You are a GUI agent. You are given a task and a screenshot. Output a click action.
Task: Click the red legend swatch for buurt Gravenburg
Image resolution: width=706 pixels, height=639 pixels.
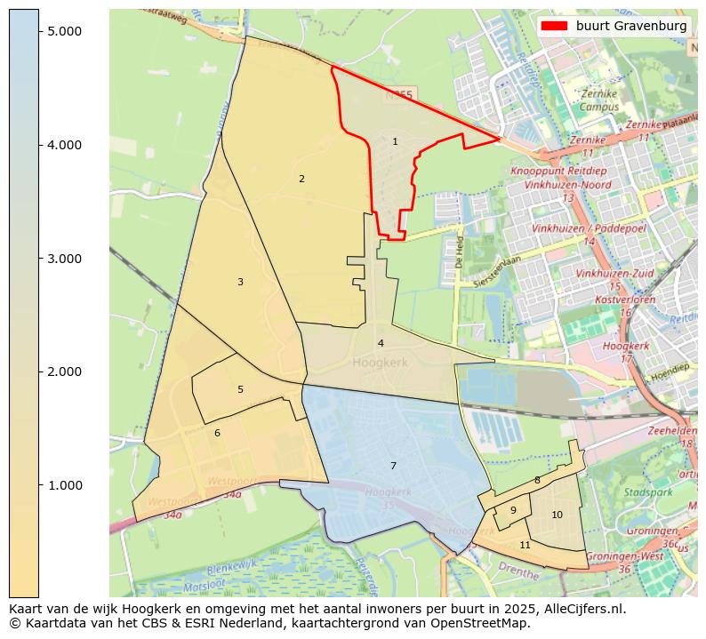[553, 27]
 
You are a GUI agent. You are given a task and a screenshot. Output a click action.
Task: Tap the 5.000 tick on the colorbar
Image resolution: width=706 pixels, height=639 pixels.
[63, 31]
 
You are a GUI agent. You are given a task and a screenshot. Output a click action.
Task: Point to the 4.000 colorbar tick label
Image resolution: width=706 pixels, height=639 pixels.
[63, 145]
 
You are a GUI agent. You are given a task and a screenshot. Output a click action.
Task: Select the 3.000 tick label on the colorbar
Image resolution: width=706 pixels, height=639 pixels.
[63, 259]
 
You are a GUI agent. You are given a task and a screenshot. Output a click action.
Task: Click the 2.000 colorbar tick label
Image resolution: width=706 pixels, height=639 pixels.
[63, 371]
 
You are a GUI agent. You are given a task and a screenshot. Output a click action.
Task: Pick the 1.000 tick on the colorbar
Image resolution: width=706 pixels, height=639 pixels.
[63, 485]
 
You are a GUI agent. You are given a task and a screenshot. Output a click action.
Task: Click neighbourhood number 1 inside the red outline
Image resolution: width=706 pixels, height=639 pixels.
[395, 141]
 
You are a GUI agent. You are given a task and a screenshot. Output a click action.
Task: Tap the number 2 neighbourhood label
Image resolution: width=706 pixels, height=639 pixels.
[301, 179]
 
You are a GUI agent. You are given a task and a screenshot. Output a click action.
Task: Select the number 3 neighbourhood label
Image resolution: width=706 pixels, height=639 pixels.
[240, 282]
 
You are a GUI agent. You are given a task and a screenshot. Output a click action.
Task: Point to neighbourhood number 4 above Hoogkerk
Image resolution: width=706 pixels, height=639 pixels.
[381, 343]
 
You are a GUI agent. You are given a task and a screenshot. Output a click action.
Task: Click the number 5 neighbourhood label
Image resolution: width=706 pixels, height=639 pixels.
[240, 389]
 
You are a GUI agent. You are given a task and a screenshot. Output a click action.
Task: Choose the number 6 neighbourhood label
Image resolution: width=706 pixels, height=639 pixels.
[217, 433]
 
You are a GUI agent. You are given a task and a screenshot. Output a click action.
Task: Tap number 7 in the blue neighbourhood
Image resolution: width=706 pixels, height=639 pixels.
[393, 466]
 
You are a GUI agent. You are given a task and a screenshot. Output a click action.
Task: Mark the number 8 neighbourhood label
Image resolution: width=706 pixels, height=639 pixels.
[537, 480]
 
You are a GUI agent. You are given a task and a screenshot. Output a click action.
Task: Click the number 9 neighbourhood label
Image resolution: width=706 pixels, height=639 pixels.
[513, 510]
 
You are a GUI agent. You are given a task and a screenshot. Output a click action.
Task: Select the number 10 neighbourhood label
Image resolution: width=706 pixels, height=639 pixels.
[557, 515]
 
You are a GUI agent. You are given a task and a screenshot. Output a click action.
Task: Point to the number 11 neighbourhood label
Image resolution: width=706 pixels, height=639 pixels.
[525, 545]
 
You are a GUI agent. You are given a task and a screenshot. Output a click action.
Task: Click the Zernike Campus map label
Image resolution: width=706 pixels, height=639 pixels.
[599, 100]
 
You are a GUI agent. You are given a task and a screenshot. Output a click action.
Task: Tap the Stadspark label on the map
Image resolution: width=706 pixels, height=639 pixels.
[642, 491]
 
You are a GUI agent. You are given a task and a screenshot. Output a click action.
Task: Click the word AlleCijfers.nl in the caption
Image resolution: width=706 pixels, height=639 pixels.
[582, 610]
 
